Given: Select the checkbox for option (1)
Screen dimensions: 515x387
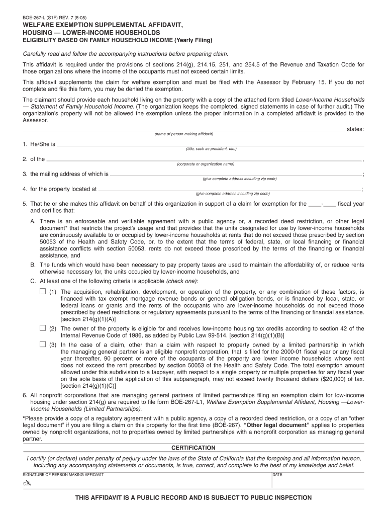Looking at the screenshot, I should pyautogui.click(x=43, y=292).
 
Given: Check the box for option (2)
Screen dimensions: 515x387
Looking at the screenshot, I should pyautogui.click(x=43, y=328).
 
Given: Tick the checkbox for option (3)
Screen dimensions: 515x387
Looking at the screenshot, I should pyautogui.click(x=43, y=345).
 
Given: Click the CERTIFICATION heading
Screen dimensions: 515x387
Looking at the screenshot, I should pyautogui.click(x=193, y=448).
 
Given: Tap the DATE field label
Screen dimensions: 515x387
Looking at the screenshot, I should pyautogui.click(x=277, y=475).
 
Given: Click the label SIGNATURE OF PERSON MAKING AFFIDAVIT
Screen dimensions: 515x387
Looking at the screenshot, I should pyautogui.click(x=63, y=475).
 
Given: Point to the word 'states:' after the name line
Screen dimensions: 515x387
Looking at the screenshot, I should pyautogui.click(x=355, y=129).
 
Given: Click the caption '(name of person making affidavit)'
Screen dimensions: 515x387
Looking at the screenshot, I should pyautogui.click(x=183, y=134).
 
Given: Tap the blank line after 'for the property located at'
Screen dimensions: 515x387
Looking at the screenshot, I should pyautogui.click(x=229, y=190).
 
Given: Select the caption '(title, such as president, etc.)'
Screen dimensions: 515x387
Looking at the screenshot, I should pyautogui.click(x=211, y=149).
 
